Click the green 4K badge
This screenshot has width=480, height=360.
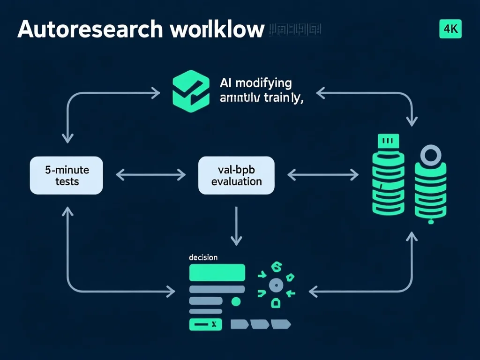click(450, 29)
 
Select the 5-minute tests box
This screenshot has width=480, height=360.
click(67, 175)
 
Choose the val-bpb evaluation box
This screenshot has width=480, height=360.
click(236, 175)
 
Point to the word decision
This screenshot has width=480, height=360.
click(202, 257)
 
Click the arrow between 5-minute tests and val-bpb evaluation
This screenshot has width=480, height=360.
click(150, 175)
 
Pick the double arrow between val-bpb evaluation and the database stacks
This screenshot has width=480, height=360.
click(322, 175)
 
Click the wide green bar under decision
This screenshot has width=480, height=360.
click(217, 272)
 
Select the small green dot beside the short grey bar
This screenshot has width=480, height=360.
click(236, 301)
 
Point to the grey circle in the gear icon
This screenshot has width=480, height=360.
click(276, 285)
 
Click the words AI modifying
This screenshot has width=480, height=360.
click(255, 83)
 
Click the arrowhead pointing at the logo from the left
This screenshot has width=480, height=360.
click(156, 93)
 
